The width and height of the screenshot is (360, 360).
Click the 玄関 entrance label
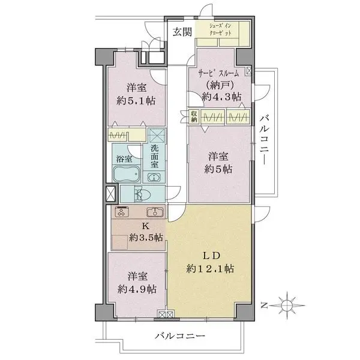[x=183, y=32]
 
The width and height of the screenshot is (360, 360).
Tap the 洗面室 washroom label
[x=155, y=157]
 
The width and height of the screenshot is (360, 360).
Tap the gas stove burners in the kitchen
[x=122, y=212]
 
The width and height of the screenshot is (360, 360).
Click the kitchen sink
[x=155, y=212]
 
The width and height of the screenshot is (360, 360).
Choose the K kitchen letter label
[x=145, y=226]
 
